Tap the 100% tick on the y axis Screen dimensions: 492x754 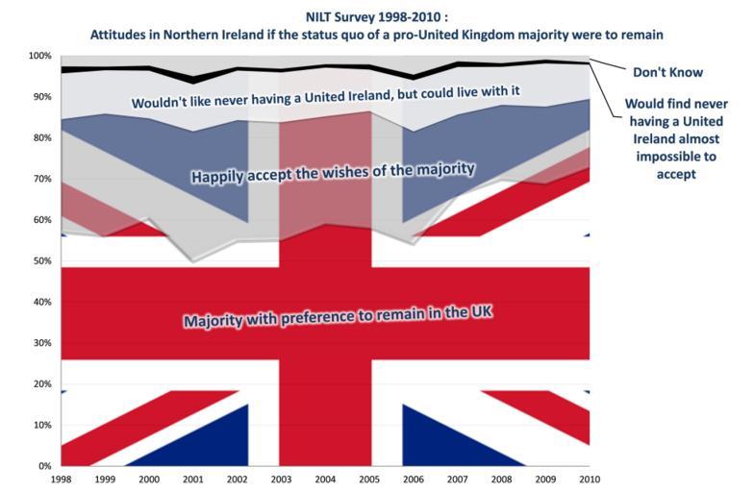pos(39,56)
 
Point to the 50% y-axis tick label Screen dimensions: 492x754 pos(41,261)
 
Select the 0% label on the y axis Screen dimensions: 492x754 pos(44,466)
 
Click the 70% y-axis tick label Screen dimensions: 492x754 pos(41,179)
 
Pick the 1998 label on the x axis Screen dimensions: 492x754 pos(61,479)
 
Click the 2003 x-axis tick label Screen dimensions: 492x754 pos(280,479)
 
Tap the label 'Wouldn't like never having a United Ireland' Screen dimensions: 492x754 pos(326,99)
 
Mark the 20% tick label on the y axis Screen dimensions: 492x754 pos(41,384)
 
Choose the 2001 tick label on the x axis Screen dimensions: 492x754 pos(192,479)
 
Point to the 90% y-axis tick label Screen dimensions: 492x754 pos(41,97)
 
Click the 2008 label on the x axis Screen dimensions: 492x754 pos(500,479)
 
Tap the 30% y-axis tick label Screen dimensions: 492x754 pos(41,343)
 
